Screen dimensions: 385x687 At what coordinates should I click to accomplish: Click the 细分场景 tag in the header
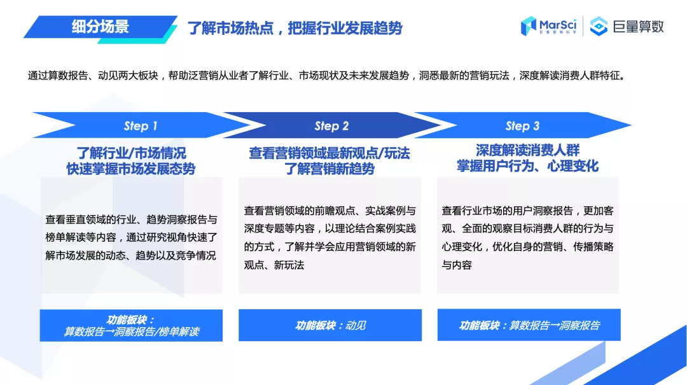(x=101, y=27)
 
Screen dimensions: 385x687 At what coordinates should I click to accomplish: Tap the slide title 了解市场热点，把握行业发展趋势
(x=295, y=28)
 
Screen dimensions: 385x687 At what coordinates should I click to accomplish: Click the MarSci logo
(x=548, y=25)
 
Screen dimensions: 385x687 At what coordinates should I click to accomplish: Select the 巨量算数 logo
(x=627, y=26)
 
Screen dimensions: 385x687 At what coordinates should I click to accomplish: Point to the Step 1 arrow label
(x=140, y=125)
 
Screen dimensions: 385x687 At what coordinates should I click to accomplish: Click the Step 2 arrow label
(x=331, y=125)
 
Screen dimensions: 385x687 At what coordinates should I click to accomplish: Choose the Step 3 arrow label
(x=522, y=125)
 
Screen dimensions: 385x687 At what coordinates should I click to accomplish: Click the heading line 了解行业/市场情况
(x=132, y=153)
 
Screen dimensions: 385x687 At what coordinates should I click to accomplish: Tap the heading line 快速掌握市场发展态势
(x=131, y=169)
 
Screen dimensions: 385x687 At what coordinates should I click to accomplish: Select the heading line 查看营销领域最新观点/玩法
(x=330, y=153)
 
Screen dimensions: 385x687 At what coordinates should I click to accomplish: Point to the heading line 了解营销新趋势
(x=330, y=169)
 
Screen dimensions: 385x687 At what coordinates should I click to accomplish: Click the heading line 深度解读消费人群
(x=528, y=150)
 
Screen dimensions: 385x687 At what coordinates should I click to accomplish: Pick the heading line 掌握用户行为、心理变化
(x=528, y=166)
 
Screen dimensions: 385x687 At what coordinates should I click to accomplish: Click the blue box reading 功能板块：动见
(x=330, y=325)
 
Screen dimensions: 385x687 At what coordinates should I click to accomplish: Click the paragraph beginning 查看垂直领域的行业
(x=132, y=237)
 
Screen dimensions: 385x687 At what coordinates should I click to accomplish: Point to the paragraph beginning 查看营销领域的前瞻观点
(x=330, y=237)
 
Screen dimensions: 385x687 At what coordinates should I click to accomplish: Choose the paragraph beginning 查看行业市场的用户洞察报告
(x=528, y=237)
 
